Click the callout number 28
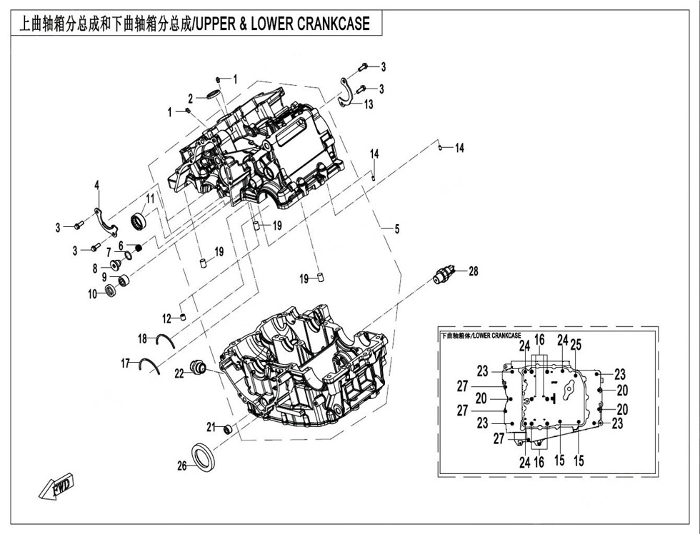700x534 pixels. [473, 271]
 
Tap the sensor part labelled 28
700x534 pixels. [445, 275]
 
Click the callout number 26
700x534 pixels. [181, 465]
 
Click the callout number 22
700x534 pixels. [179, 372]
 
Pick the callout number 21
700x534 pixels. [211, 427]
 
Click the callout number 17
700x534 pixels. [126, 364]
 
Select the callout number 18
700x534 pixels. [142, 338]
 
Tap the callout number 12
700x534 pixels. [166, 318]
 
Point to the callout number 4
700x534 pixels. [97, 186]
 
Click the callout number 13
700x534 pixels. [369, 104]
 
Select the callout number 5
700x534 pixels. [396, 229]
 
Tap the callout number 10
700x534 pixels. [92, 293]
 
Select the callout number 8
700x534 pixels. [94, 268]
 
